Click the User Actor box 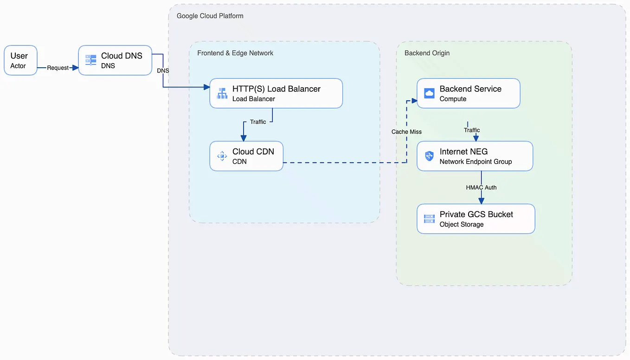(20, 60)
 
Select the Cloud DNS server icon (90, 60)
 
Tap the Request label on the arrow (58, 68)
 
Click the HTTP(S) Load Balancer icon (222, 93)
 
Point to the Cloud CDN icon (222, 156)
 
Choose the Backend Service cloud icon (429, 93)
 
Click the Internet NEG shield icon (429, 156)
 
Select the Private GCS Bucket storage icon (429, 219)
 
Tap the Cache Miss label (406, 132)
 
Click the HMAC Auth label (481, 187)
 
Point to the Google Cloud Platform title (210, 16)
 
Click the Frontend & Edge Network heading (235, 53)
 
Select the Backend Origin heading (427, 53)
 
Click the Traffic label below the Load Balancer (258, 122)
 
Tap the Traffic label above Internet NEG (472, 130)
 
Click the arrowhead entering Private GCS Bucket (481, 200)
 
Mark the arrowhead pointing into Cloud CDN (244, 138)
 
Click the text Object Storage (462, 225)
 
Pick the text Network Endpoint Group (476, 162)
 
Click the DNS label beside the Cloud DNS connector (163, 71)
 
